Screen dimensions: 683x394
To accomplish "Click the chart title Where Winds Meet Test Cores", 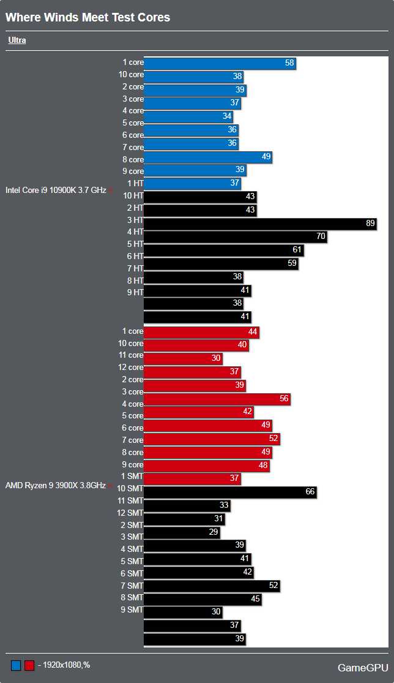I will (x=87, y=18).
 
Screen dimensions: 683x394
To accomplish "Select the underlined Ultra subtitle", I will (x=17, y=40).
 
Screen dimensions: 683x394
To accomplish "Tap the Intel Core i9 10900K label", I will (x=56, y=190).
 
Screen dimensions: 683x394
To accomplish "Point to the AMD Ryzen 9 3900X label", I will (x=56, y=485).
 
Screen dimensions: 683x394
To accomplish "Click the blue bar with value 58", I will (x=220, y=63).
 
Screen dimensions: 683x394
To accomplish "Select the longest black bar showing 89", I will (x=260, y=224).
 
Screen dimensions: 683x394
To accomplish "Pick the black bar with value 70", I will (x=236, y=237).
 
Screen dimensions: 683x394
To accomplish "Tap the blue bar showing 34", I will (x=188, y=116).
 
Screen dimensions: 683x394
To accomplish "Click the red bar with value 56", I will (x=217, y=399).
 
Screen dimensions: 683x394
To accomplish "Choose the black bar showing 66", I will (x=230, y=492).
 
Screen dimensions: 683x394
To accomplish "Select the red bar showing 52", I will (x=212, y=439).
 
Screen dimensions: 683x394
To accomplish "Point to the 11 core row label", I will (x=131, y=355).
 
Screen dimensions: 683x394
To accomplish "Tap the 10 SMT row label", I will (x=130, y=488).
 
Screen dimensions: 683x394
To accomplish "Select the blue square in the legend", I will (x=15, y=665).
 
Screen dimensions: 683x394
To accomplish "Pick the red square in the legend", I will (x=29, y=665).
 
